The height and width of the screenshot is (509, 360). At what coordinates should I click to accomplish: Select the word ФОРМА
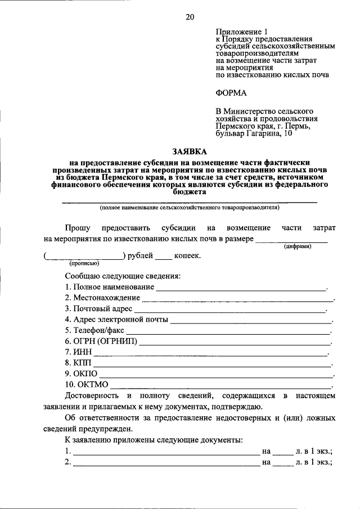point(231,92)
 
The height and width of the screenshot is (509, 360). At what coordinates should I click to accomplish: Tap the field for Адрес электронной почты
point(251,321)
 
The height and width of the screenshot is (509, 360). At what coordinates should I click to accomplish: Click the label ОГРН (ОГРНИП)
point(101,341)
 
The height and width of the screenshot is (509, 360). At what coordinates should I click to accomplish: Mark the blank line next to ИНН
point(210,353)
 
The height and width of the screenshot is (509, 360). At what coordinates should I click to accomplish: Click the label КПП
point(74,363)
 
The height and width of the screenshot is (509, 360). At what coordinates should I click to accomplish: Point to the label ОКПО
point(81,374)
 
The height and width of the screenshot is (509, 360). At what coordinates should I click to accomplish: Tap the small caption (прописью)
point(84,263)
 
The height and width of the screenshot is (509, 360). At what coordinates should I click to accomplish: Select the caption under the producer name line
point(190,208)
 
